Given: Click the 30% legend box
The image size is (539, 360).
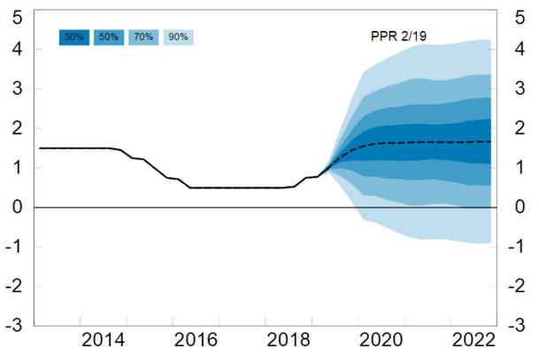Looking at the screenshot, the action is pos(74,37).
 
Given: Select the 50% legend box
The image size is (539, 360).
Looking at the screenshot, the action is pos(109,37).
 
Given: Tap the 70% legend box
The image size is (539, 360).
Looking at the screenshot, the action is pos(143,37).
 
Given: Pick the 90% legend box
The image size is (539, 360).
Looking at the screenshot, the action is pos(179,37).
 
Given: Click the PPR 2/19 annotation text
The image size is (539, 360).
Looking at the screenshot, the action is pos(399,36).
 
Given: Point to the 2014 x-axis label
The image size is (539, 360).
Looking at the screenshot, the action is pos(104,340).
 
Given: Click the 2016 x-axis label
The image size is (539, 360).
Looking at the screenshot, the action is pos(196,340).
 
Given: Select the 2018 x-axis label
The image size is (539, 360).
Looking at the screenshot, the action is pos(289,340).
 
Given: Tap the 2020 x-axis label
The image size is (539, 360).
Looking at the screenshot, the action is pos(381,340).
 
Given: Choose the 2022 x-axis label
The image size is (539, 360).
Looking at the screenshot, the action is pos(474,340).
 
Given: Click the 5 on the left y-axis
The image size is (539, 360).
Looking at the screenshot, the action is pos(17,17).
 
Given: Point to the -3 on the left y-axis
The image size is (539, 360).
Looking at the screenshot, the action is pos(14,325).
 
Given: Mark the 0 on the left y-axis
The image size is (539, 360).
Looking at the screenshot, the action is pos(17,207).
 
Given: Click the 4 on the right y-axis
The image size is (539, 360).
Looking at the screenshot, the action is pos(520,49).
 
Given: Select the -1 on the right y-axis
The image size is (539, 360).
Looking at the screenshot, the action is pos(518,246).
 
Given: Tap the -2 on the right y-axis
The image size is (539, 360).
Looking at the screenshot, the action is pos(518,286).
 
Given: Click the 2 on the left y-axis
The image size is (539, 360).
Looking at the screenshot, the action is pos(17,127).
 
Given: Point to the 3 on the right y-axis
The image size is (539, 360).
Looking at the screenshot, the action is pos(520,88).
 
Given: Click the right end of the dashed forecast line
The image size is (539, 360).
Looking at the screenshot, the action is pos(490,142).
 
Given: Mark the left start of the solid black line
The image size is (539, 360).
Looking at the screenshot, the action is pos(40,149).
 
